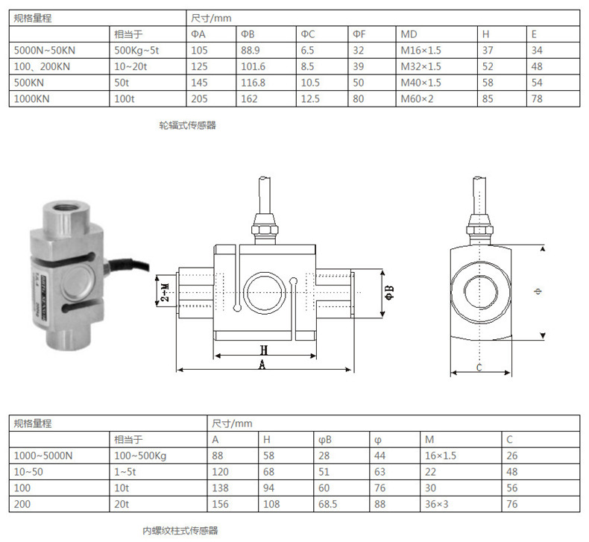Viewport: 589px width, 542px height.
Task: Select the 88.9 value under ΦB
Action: point(251,50)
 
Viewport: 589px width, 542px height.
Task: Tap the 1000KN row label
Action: point(32,98)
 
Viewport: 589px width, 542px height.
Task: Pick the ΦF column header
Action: point(359,34)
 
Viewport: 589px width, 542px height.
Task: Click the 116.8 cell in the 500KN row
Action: point(253,82)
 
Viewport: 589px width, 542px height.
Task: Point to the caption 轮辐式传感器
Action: point(187,126)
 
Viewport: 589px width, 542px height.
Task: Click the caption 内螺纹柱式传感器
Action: point(180,531)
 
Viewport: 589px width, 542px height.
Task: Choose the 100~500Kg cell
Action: point(138,455)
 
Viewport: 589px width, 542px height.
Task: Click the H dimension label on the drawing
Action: point(263,349)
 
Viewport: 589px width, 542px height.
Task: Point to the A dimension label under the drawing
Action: point(262,364)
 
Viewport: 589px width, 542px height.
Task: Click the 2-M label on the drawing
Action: point(165,292)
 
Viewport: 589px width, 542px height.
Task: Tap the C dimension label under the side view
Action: point(479,367)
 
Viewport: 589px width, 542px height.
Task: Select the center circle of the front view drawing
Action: point(262,290)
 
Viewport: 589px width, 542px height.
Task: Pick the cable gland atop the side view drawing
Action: point(479,221)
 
